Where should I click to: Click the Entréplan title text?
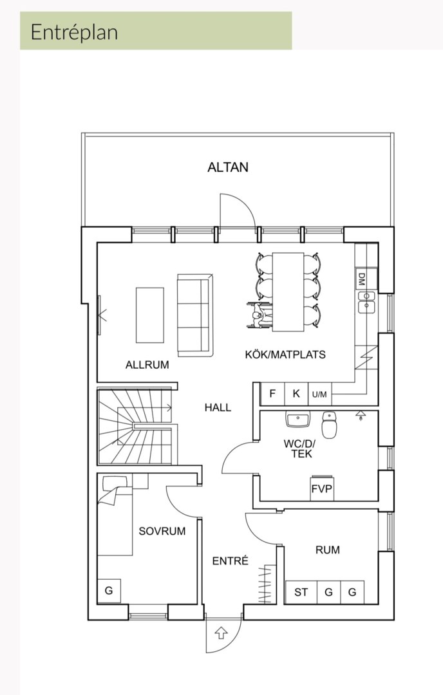coord(74,32)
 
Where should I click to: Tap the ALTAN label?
coord(228,167)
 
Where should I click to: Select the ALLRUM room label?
coord(147,365)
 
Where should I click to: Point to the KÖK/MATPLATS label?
coord(285,354)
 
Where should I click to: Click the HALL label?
coord(218,407)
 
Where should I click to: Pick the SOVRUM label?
coord(162,531)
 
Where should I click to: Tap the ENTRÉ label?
coord(230,561)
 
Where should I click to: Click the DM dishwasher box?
coord(361,279)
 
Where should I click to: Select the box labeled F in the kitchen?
coord(272,394)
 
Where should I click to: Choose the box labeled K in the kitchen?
coord(296,394)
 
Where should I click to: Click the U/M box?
coord(319,394)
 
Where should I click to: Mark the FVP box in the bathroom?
coord(322,488)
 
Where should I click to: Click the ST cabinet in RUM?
coord(301,592)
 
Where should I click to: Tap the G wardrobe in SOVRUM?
coord(108,590)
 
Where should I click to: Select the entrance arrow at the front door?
coord(221,633)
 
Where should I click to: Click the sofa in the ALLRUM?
coord(194,315)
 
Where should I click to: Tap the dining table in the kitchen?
coord(288,292)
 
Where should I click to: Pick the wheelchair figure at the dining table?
coord(259,317)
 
